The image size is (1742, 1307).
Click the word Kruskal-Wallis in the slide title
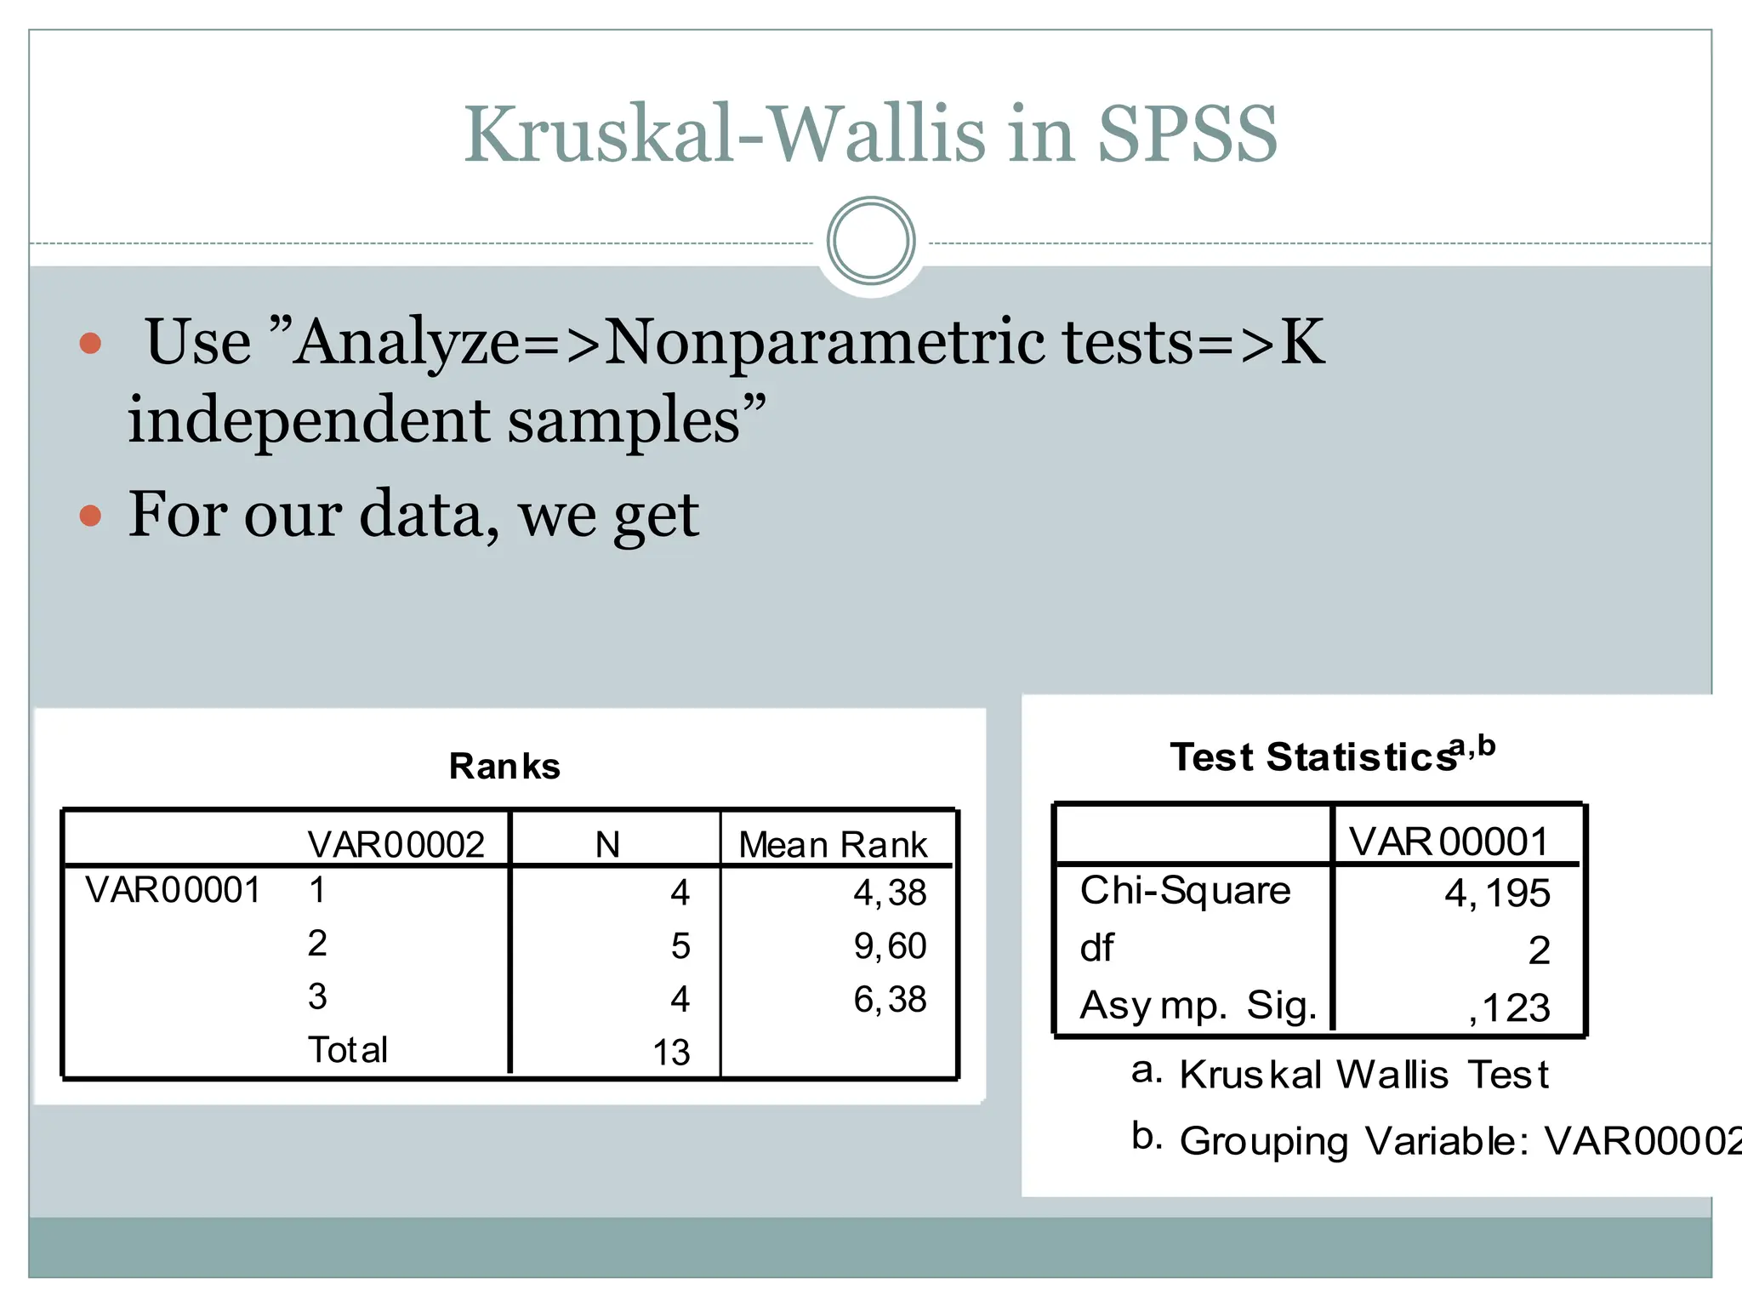(x=723, y=134)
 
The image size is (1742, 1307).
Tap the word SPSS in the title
(x=1187, y=134)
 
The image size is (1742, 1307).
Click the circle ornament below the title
(x=871, y=241)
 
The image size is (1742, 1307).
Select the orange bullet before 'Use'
(x=90, y=344)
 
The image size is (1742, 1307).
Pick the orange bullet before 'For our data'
(x=90, y=516)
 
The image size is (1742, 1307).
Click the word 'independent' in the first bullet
(x=308, y=420)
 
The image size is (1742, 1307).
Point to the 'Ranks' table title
(x=504, y=767)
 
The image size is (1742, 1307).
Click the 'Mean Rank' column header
(x=833, y=845)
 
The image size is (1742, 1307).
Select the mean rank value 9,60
(x=890, y=946)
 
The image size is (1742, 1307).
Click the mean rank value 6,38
(x=890, y=999)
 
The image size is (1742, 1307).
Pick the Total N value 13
(x=671, y=1053)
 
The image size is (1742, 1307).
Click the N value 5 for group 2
(x=680, y=946)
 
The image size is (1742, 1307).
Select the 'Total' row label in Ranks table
(x=347, y=1051)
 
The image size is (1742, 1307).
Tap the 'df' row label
(x=1097, y=949)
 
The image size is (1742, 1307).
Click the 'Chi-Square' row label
(x=1185, y=891)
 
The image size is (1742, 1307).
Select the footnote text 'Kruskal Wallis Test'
(x=1363, y=1075)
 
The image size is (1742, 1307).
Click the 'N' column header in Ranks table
(x=608, y=845)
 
